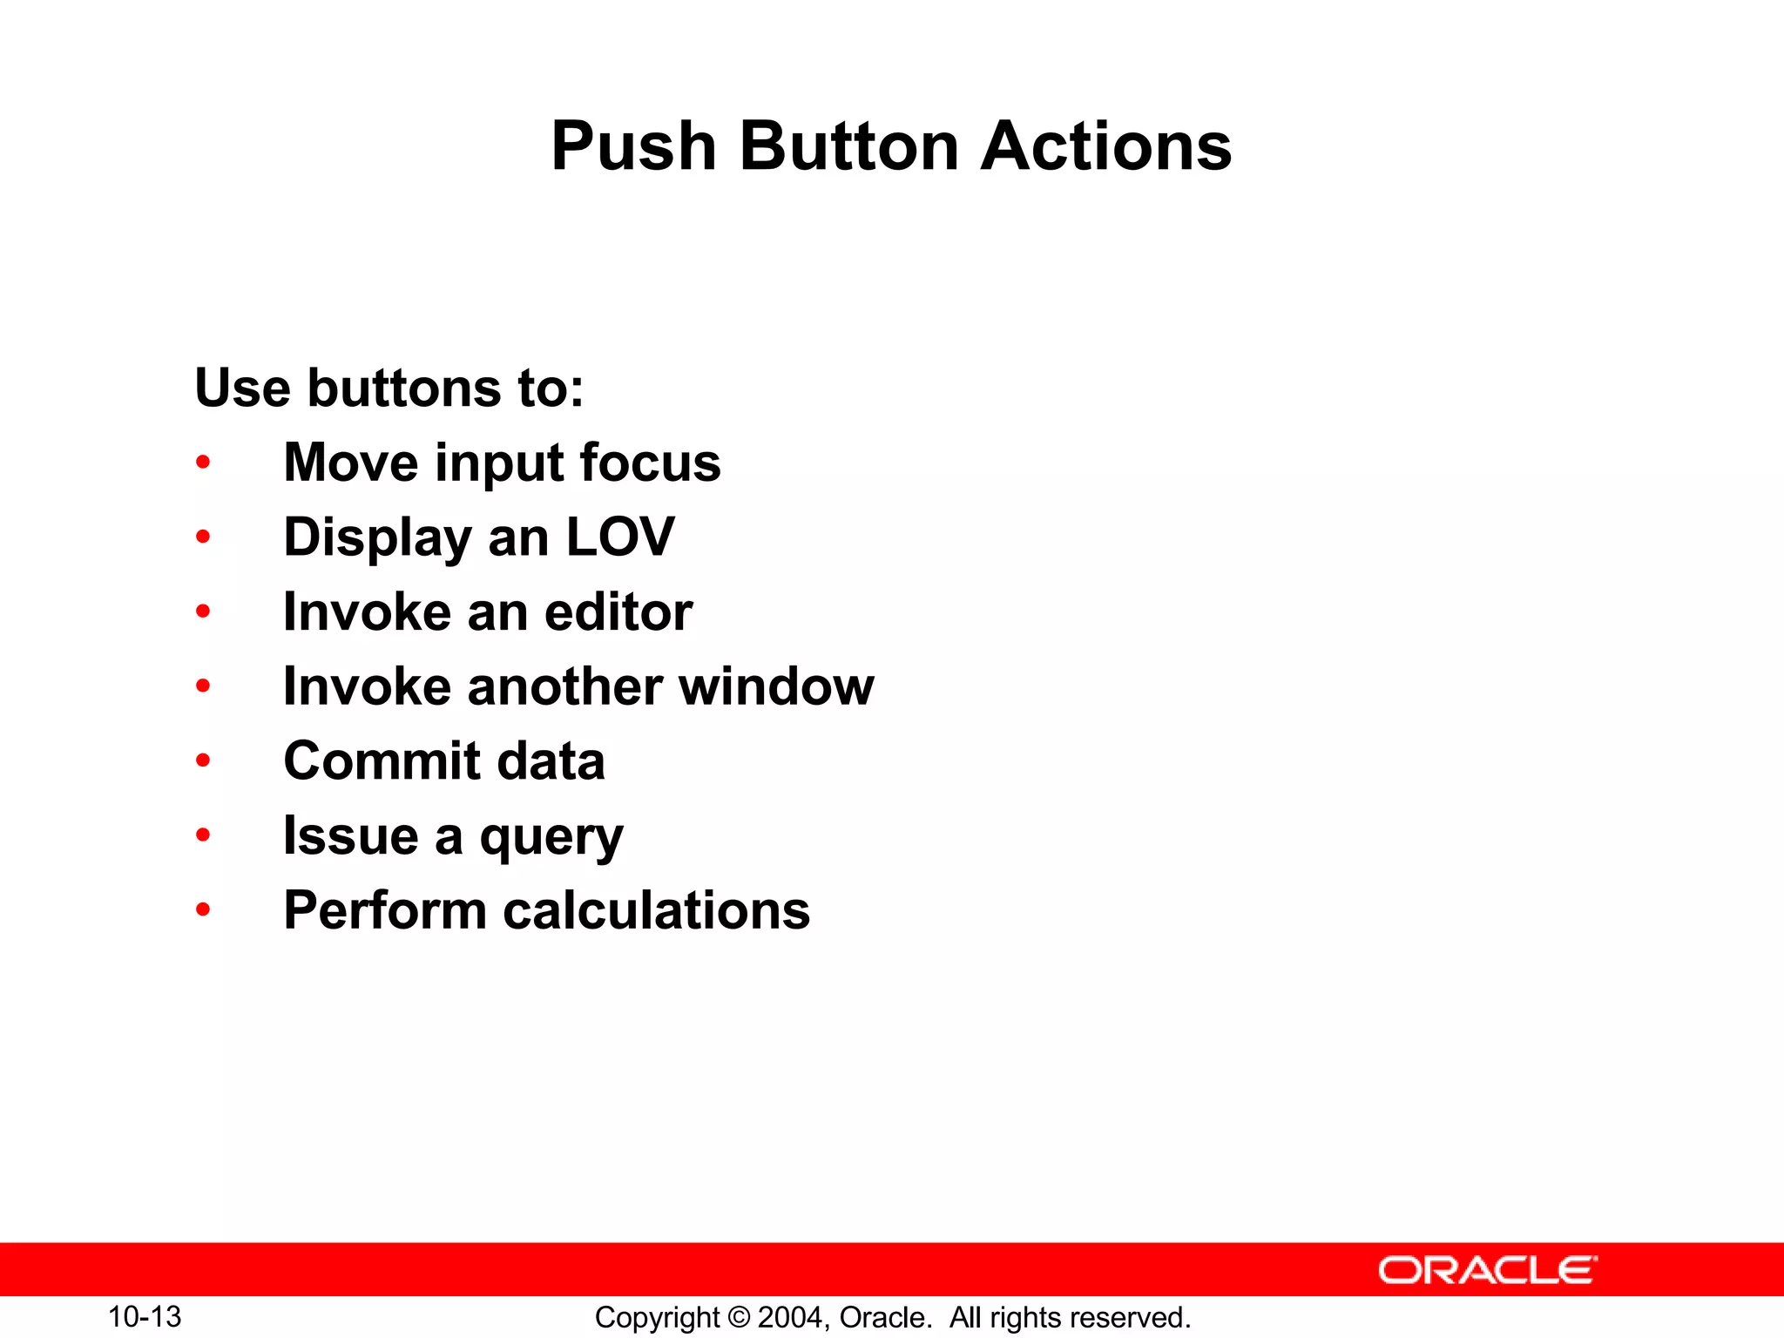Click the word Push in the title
634,146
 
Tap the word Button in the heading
849,146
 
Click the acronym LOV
620,537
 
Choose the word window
776,686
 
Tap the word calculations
657,911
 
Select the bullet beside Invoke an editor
203,612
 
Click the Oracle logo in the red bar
1487,1270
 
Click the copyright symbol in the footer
739,1318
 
